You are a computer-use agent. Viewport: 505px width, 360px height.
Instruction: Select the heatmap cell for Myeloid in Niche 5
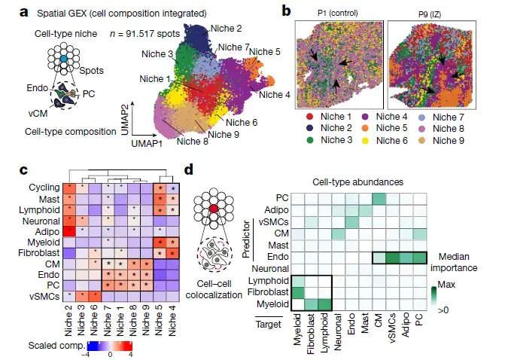pos(158,242)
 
